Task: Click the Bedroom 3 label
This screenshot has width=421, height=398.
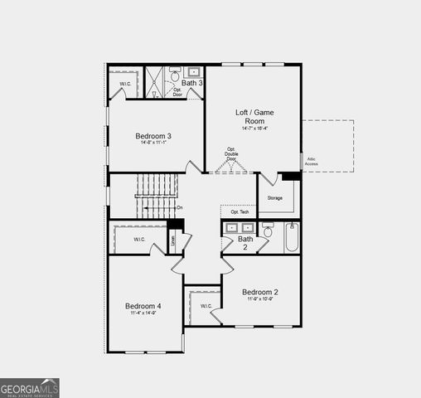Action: tap(152, 136)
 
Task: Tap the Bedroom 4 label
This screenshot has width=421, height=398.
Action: tap(143, 306)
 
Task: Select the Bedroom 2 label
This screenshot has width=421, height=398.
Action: tap(259, 292)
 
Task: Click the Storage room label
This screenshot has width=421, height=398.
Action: tap(275, 198)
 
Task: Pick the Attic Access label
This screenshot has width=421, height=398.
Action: tap(312, 161)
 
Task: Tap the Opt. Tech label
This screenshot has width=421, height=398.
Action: tap(240, 212)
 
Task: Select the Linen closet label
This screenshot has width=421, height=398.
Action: tap(173, 240)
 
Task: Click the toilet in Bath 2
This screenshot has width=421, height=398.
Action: tap(268, 230)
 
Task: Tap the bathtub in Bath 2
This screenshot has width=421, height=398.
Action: tap(291, 237)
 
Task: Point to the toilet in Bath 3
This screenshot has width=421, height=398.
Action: tap(175, 75)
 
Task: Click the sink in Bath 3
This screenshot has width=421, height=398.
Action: tap(195, 72)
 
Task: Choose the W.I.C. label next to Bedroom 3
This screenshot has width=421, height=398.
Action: tap(125, 84)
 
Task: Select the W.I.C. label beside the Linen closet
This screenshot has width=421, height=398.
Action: tap(138, 240)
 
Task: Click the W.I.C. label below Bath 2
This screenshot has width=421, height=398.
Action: tap(206, 306)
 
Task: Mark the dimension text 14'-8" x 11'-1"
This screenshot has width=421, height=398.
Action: tap(152, 143)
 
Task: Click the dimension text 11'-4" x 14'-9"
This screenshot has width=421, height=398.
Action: tap(143, 313)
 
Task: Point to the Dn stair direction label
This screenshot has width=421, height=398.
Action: tap(180, 207)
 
